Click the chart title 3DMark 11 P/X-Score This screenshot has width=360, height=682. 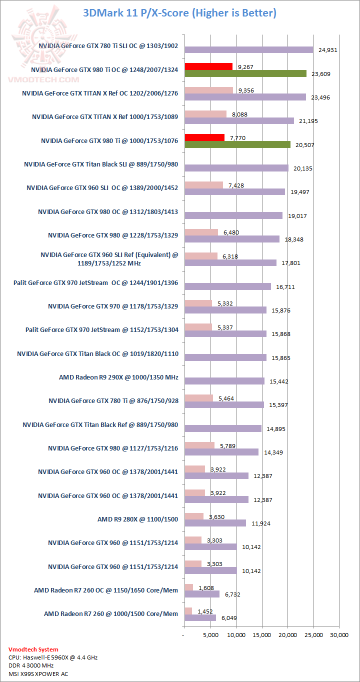[x=180, y=12]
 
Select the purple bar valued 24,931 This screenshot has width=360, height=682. [x=248, y=49]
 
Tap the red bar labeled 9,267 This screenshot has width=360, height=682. [x=208, y=66]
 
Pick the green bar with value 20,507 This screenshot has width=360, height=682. [x=237, y=144]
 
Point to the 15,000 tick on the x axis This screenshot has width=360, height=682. [x=261, y=635]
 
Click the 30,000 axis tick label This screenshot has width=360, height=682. [x=339, y=635]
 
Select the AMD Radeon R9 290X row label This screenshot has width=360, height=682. [x=118, y=377]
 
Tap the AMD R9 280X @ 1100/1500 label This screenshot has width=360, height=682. [x=137, y=519]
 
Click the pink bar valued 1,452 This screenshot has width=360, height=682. [x=188, y=611]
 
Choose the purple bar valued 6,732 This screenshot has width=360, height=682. [x=201, y=594]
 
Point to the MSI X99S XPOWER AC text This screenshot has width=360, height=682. [x=38, y=673]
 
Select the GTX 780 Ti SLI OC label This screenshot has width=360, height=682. [x=108, y=46]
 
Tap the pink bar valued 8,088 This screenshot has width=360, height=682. [x=205, y=114]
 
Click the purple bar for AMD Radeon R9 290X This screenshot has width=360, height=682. [x=224, y=381]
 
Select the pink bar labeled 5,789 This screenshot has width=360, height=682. [x=199, y=445]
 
